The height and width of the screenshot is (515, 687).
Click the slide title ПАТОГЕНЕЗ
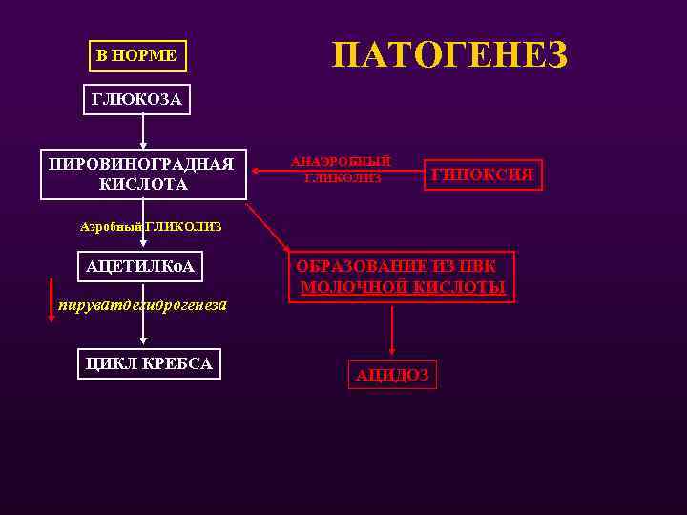tap(449, 55)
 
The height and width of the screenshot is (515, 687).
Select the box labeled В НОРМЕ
tap(136, 55)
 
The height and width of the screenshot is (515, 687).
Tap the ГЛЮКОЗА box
tap(136, 99)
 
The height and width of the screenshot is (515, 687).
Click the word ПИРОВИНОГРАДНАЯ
tap(142, 164)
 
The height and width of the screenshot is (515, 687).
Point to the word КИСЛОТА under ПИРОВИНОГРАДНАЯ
tap(142, 184)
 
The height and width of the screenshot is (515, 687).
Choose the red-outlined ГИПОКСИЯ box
tap(483, 175)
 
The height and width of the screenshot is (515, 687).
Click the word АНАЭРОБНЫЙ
tap(341, 162)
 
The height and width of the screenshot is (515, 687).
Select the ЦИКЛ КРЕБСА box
tap(148, 363)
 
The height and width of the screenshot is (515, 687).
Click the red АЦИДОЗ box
tap(391, 375)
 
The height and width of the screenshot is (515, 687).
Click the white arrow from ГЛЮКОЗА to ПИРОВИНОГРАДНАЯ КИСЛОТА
tap(143, 130)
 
